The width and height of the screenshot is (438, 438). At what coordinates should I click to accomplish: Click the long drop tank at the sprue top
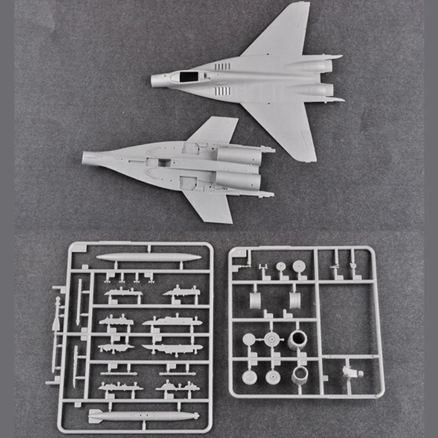point(148,257)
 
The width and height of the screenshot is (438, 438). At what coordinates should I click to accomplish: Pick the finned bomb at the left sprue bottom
point(140,416)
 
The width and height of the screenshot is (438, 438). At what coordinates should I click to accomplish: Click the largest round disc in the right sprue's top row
point(298,267)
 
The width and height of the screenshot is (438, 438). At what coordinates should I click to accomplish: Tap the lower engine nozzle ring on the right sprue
point(300,376)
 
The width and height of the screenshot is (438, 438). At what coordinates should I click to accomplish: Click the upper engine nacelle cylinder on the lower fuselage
point(238,154)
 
